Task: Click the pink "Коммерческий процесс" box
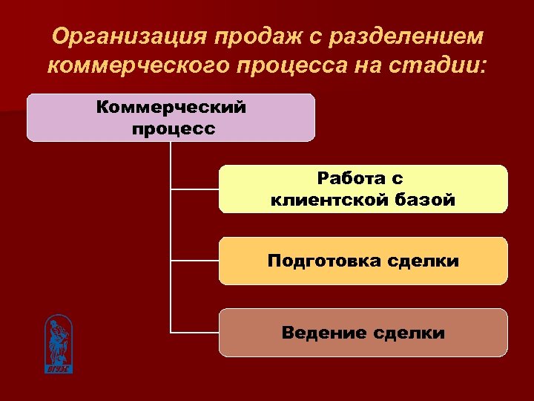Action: click(x=171, y=117)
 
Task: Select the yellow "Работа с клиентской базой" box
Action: click(x=363, y=189)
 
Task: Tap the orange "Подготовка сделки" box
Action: click(x=363, y=261)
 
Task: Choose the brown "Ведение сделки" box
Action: click(x=363, y=333)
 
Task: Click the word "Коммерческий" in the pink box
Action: click(x=171, y=108)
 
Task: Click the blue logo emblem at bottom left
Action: click(x=58, y=342)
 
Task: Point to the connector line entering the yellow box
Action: click(x=194, y=189)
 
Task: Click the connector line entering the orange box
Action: click(x=194, y=261)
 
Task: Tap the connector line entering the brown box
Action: click(x=194, y=332)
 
